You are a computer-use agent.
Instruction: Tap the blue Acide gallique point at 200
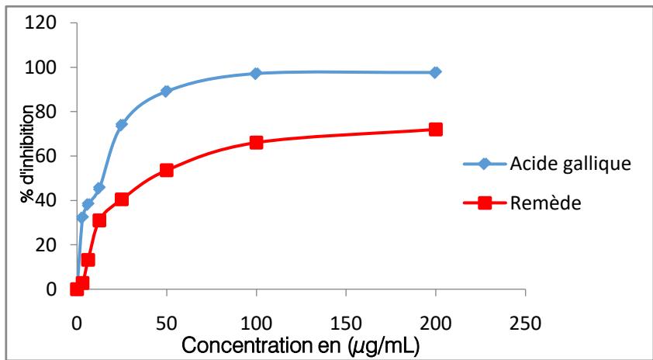(435, 72)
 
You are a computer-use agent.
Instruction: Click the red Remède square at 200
(435, 130)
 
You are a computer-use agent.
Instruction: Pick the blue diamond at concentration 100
(256, 73)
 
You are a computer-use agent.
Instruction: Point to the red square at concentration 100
(256, 142)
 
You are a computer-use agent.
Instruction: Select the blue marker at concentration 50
(166, 91)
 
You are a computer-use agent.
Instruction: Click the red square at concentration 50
(166, 170)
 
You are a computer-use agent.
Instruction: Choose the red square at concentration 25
(122, 199)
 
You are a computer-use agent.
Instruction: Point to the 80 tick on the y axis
(48, 112)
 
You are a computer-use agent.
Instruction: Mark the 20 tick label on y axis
(48, 245)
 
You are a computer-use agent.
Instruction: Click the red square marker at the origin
(77, 289)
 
